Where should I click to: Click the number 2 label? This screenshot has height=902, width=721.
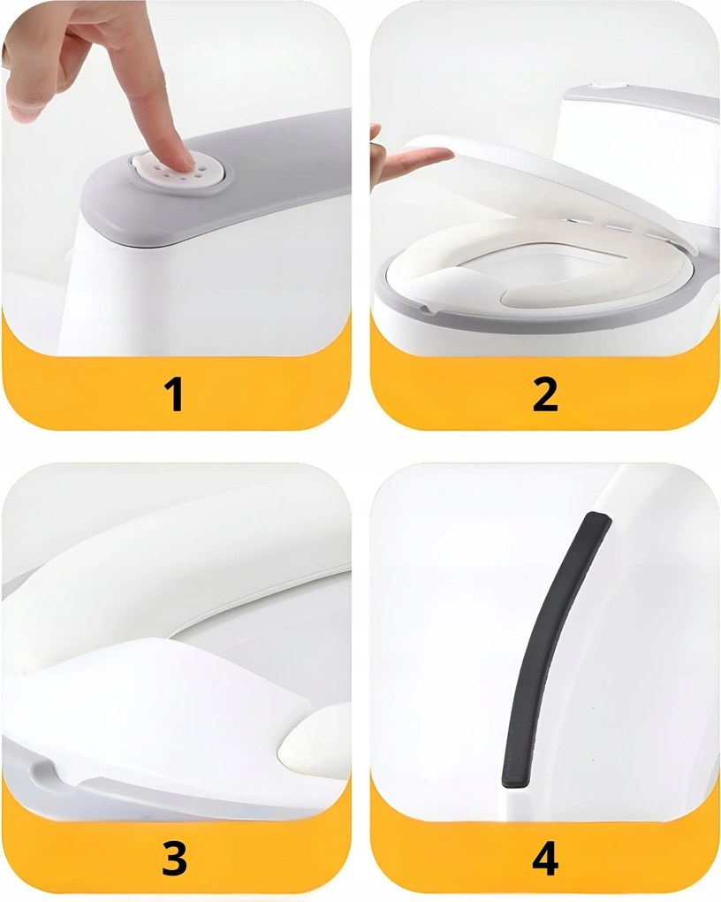coord(545,394)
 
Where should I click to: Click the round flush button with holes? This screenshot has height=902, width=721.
coord(179,173)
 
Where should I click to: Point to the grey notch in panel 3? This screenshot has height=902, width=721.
coord(43,774)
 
